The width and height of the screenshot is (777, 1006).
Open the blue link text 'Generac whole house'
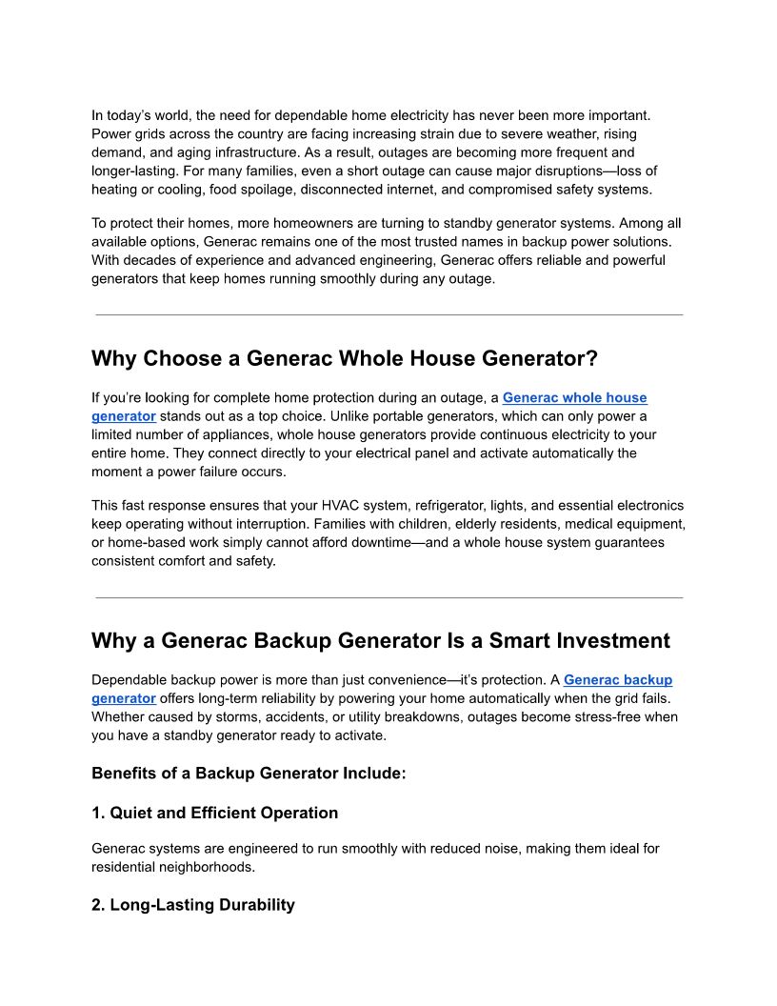click(x=574, y=397)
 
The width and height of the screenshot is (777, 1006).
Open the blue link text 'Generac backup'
click(x=617, y=680)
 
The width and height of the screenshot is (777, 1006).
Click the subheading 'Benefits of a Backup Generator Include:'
click(x=249, y=774)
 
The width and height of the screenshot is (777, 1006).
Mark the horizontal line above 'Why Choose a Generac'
click(x=388, y=314)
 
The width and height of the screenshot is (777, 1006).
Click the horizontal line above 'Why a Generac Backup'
click(x=388, y=598)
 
